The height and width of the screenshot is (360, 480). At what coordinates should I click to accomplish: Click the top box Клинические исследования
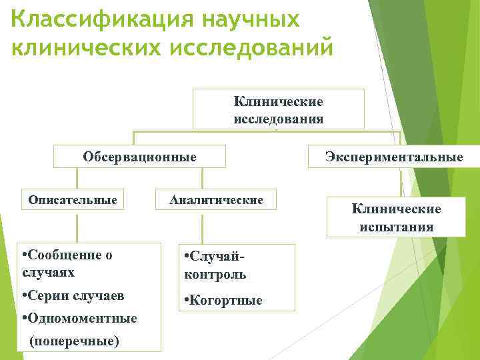pos(279,109)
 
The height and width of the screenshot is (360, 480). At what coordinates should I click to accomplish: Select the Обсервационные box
pos(139,157)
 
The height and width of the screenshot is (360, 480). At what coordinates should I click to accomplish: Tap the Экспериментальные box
pos(394,157)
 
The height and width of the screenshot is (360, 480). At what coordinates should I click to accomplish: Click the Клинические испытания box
pos(397,217)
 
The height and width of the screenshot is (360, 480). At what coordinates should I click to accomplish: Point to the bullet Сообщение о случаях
pos(67,263)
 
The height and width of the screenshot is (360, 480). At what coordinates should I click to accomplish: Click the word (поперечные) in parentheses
pos(75,341)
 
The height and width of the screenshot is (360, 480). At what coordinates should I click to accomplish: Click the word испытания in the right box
pos(397,227)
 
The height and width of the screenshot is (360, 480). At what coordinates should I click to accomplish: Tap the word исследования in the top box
pos(279,119)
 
